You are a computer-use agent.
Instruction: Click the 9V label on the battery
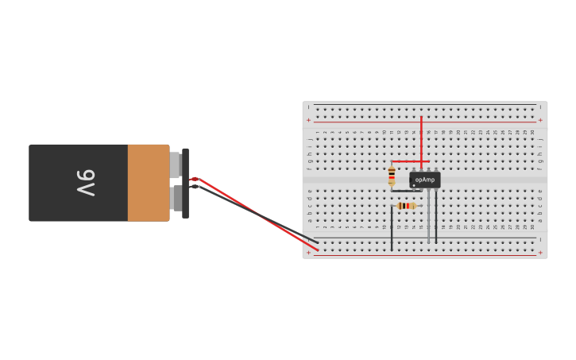[x=86, y=183]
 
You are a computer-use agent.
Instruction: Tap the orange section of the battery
[x=148, y=183]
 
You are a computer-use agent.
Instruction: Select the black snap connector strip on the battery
[x=185, y=183]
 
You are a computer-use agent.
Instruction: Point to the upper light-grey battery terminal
[x=175, y=165]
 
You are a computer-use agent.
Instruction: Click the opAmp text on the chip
[x=425, y=180]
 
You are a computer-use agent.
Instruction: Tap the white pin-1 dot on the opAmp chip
[x=414, y=185]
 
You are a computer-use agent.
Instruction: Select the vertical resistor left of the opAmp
[x=392, y=176]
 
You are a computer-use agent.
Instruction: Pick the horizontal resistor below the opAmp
[x=406, y=206]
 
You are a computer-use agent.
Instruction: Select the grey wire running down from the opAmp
[x=428, y=219]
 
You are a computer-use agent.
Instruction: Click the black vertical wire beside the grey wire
[x=435, y=219]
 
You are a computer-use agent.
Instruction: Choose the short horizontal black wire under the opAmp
[x=405, y=191]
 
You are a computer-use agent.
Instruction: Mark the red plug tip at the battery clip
[x=193, y=179]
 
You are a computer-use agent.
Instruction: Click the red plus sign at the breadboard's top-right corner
[x=540, y=120]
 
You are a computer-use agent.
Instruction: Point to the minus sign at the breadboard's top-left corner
[x=309, y=106]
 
